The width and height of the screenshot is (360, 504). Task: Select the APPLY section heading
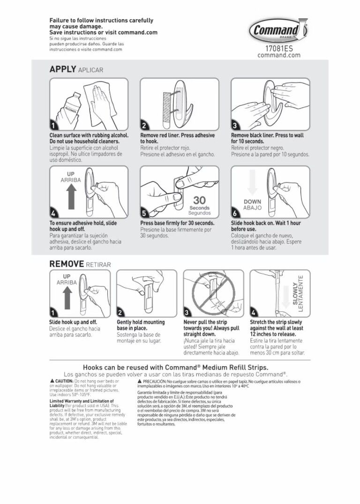[63, 69]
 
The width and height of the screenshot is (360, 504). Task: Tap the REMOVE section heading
[67, 264]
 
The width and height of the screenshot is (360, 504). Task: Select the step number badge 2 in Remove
[121, 313]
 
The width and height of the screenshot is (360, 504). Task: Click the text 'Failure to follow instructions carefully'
[101, 21]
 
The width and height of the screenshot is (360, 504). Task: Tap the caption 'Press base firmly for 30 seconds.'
[177, 223]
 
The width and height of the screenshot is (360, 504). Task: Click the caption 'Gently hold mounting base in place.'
[140, 325]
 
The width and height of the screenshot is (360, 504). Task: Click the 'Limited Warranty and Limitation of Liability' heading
[82, 403]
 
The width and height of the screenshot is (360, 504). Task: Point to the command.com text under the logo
[278, 55]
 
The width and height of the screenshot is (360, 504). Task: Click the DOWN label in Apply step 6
[252, 202]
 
